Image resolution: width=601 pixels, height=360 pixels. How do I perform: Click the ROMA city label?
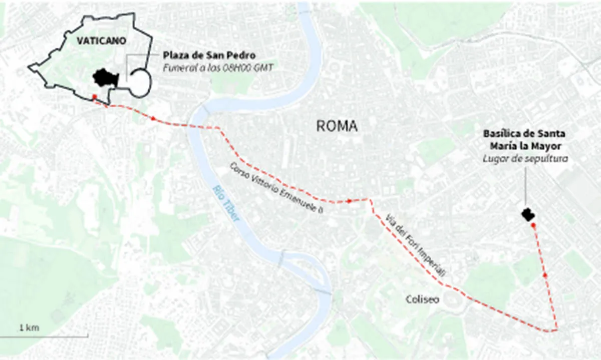pyautogui.click(x=337, y=126)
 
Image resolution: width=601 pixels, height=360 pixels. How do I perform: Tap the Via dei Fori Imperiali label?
pyautogui.click(x=416, y=244)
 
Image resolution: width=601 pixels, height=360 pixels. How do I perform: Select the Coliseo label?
pyautogui.click(x=422, y=299)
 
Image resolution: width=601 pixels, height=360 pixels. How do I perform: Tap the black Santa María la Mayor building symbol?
pyautogui.click(x=528, y=215)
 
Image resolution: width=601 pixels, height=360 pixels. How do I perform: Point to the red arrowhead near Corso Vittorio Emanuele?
pyautogui.click(x=350, y=201)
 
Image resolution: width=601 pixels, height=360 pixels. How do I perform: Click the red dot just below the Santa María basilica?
pyautogui.click(x=533, y=226)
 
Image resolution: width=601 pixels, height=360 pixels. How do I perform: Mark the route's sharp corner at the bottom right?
pyautogui.click(x=557, y=329)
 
